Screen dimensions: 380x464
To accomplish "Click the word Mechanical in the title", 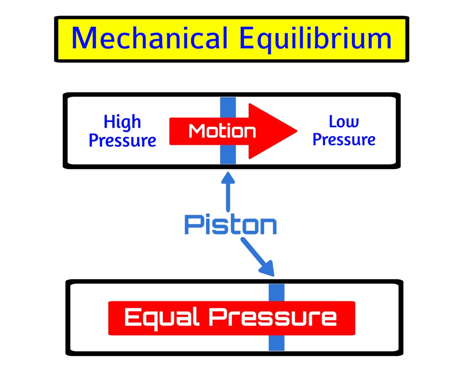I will pos(149,38).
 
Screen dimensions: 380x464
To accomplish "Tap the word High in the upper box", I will pos(122,122).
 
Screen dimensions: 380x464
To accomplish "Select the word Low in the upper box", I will pos(344,122).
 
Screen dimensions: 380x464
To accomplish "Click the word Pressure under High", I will pos(122,140).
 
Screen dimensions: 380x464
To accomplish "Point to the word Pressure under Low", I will pos(344,139).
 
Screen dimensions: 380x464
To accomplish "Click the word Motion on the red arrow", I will pos(222,131).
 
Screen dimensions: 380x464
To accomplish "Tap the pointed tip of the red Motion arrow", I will pos(295,131).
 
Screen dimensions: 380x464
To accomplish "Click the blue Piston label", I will pos(230,224).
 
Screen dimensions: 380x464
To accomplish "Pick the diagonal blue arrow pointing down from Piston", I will pos(258,256).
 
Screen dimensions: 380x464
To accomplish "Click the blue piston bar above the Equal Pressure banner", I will pos(276,292).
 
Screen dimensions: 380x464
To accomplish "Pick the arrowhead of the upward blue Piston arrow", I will pos(228,177).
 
